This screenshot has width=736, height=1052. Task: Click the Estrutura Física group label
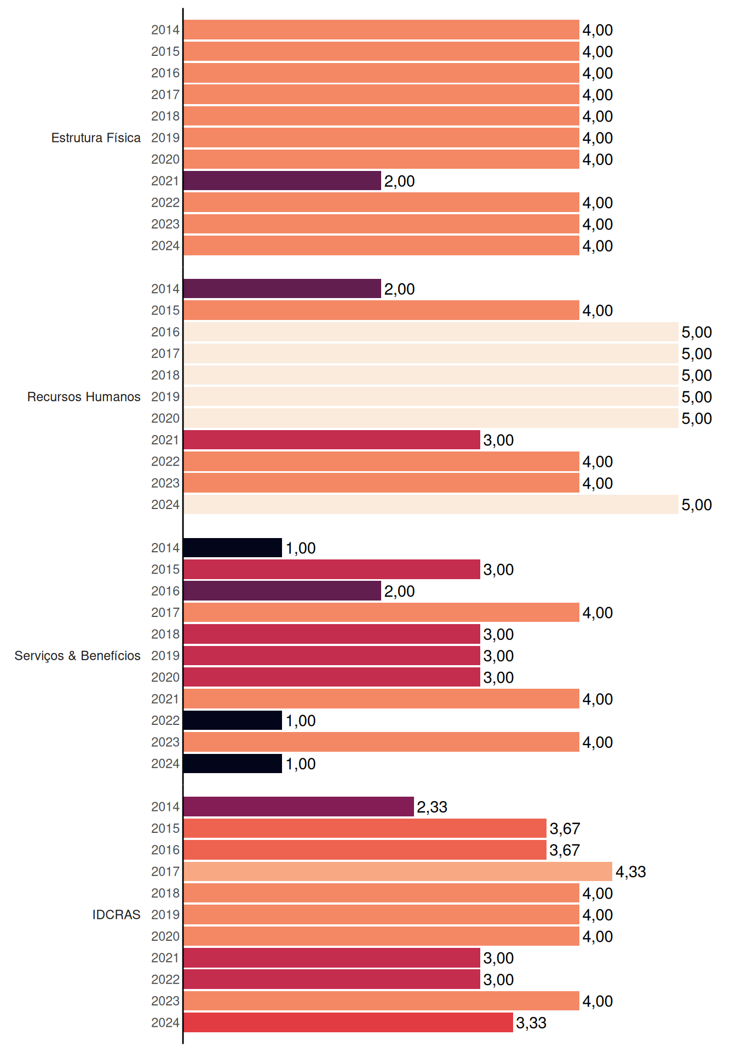click(96, 138)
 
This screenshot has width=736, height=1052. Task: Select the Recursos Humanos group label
click(84, 397)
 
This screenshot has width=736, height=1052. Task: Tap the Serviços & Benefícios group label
click(77, 656)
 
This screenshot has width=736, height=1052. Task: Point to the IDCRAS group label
click(116, 914)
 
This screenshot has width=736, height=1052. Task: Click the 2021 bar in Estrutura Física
click(282, 181)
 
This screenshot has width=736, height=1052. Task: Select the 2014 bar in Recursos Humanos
click(282, 289)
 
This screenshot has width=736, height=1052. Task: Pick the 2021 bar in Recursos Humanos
click(332, 440)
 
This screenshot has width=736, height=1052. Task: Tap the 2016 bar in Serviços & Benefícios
click(282, 591)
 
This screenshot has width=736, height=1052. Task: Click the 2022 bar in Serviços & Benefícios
click(233, 721)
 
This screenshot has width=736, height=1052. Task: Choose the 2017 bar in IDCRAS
click(398, 871)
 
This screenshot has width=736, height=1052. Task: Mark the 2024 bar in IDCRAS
click(348, 1022)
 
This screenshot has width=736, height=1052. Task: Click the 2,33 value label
click(432, 807)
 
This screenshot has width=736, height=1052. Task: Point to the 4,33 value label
click(631, 872)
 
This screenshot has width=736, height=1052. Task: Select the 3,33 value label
click(531, 1023)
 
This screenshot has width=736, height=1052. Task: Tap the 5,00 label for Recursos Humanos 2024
click(697, 505)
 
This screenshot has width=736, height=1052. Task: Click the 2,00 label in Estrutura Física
click(399, 181)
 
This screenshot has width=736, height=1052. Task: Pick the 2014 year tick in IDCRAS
click(165, 807)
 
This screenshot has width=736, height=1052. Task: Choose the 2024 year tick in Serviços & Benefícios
click(165, 763)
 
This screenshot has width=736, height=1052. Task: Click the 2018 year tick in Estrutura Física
click(165, 116)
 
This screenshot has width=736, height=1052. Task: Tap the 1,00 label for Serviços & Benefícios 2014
click(301, 548)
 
